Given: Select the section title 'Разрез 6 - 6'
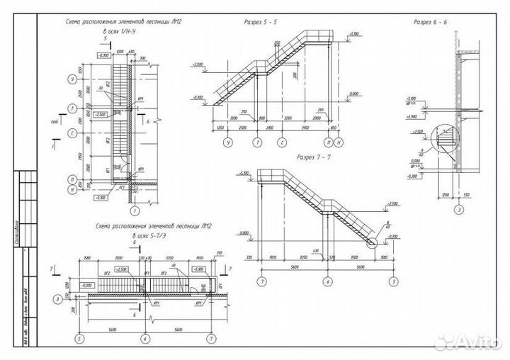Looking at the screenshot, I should pos(430,23).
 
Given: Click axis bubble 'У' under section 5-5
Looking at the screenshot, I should pos(228,142).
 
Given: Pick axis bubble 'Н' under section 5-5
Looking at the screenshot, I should pos(339,142).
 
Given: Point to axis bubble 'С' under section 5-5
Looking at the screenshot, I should pos(282,142).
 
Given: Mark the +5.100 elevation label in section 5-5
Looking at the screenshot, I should pos(356,33).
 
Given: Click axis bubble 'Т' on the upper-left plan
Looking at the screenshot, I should pos(72,108).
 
